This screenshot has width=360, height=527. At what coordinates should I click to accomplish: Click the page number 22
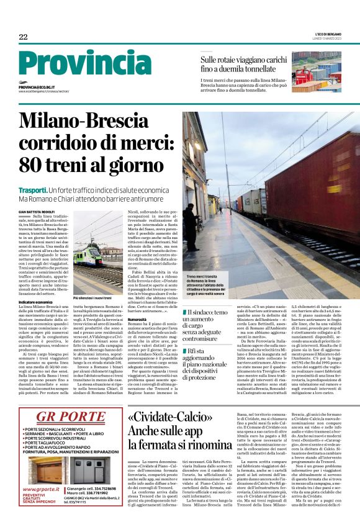(23, 37)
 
